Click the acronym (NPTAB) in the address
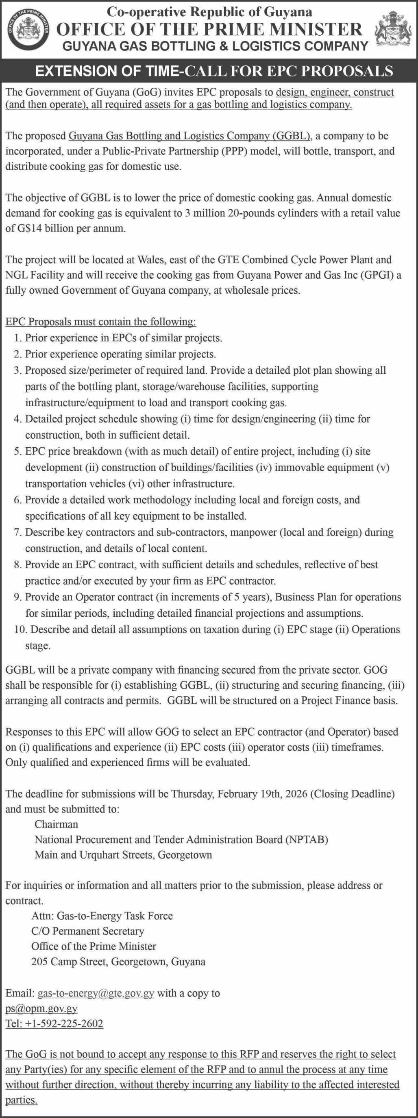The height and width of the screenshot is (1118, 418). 307,839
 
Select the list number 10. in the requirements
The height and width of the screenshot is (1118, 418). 20,629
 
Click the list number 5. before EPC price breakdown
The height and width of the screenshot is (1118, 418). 17,451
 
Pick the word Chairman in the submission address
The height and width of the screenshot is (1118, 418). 57,824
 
